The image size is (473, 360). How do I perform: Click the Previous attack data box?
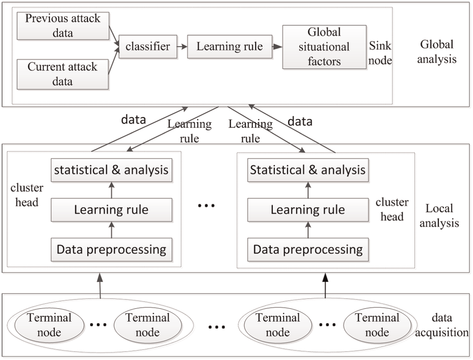pos(63,26)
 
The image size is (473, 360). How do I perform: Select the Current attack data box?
pos(62,74)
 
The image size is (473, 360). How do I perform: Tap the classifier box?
pos(148,47)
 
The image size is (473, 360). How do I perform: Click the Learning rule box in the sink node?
pos(230,47)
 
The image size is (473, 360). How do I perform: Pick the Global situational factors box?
pos(324,47)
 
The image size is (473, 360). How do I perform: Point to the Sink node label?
pos(380,53)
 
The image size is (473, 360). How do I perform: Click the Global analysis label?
pos(437,52)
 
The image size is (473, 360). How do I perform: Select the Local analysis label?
pos(439,216)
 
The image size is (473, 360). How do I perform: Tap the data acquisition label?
pos(442,325)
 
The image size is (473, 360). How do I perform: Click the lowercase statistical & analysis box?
pos(111,170)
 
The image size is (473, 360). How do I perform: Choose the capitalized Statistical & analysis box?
pos(308,170)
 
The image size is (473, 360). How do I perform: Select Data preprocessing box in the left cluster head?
pos(111,250)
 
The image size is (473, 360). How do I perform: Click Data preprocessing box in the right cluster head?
pos(308,250)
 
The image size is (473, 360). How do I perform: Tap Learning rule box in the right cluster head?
pos(308,210)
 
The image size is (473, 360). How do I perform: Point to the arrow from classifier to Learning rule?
pos(182,47)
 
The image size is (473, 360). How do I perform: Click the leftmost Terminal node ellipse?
pos(49,325)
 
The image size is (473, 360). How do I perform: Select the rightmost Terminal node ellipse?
pos(377,325)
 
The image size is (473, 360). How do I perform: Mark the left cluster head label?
pos(27,195)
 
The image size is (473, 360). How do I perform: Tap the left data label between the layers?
pos(134,120)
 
